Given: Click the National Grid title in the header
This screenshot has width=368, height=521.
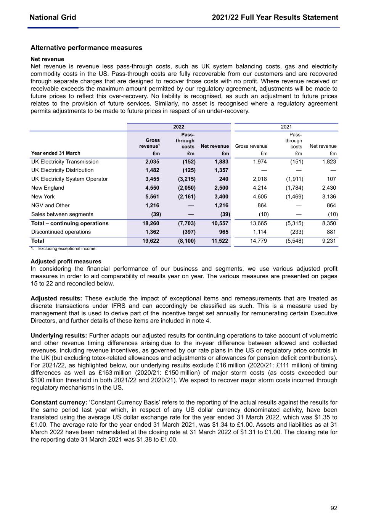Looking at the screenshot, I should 53,18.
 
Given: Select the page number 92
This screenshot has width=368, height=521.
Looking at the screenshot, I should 334,508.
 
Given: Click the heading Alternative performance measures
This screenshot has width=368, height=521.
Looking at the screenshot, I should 86,48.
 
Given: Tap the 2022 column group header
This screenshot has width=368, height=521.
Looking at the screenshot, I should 178,127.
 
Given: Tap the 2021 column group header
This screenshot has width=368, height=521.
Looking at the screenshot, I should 286,127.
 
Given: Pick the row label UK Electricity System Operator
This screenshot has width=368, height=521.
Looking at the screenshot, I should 69,179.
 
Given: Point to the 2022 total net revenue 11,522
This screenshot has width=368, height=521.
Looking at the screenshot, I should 220,241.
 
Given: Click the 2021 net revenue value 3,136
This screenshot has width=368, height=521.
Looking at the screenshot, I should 329,197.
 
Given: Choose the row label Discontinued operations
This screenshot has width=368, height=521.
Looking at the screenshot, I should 61,232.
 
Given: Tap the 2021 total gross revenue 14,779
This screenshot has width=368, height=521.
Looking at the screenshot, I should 258,241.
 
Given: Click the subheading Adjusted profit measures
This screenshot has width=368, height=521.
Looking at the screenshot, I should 66,261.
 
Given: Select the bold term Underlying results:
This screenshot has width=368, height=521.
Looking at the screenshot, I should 59,336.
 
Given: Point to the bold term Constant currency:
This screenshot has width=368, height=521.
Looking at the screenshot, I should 59,402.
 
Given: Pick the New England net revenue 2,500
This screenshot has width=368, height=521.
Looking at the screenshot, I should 221,188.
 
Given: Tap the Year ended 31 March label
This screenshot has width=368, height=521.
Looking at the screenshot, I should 56,153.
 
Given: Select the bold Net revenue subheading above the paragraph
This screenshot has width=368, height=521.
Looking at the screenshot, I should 47,59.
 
